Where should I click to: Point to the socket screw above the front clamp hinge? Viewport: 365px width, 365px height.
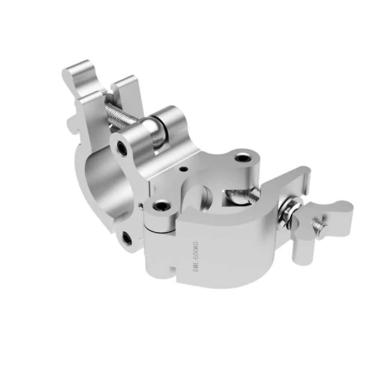(161, 206)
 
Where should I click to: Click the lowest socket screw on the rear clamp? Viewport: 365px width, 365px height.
(127, 238)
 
